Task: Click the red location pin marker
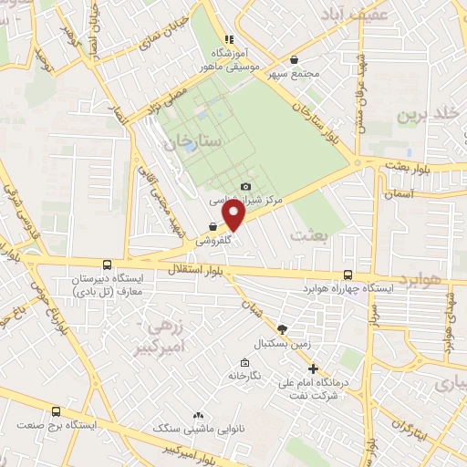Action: pyautogui.click(x=233, y=214)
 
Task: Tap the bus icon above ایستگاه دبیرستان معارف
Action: pyautogui.click(x=108, y=265)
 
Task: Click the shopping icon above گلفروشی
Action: pyautogui.click(x=213, y=227)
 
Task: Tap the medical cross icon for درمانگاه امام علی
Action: pyautogui.click(x=314, y=369)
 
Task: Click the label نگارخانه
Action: pyautogui.click(x=245, y=377)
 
